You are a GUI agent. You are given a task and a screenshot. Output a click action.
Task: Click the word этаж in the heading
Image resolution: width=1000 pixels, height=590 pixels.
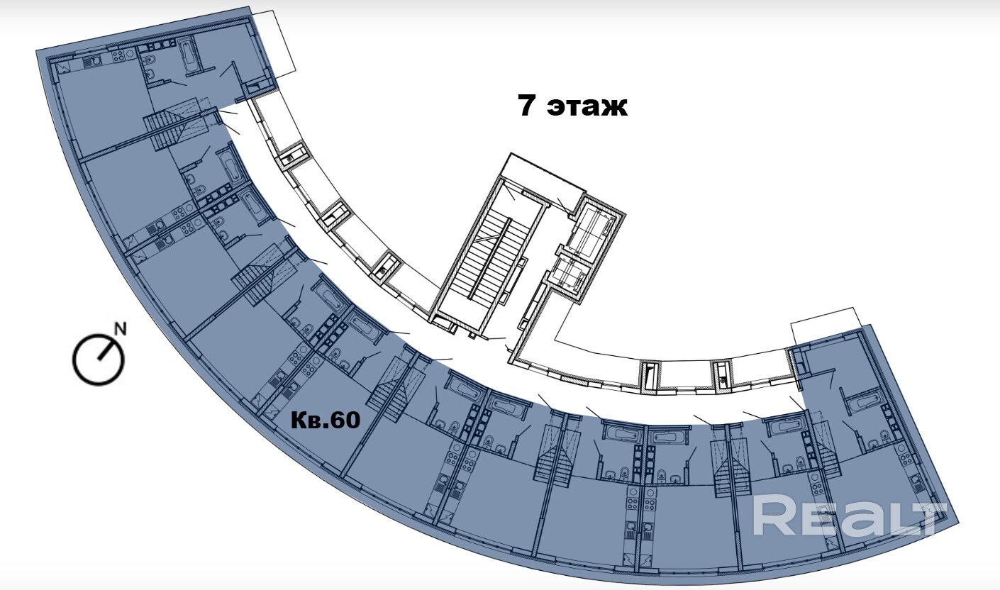coord(589,106)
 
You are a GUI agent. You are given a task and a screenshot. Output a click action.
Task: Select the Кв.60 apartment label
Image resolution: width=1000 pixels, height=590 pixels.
coord(326,420)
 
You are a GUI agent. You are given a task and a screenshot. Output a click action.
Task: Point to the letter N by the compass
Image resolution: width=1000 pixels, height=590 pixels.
coord(121,328)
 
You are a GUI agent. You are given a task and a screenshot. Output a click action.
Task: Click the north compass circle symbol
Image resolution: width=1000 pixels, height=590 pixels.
coord(98,359)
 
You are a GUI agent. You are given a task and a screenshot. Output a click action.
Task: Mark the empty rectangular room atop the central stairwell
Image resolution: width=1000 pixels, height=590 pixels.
coord(543,174)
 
